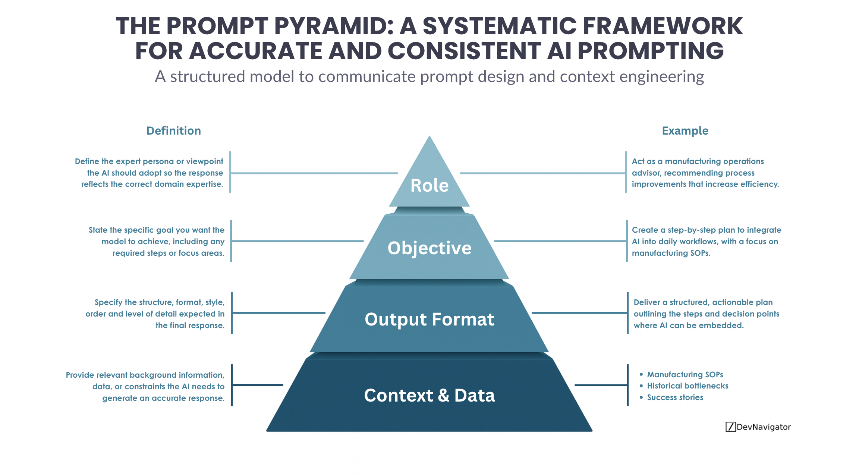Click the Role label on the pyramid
point(429,185)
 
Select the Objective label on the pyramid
point(429,248)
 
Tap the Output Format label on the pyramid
point(429,320)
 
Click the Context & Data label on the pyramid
point(429,395)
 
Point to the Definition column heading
point(173,131)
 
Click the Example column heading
point(685,131)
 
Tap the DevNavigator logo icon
point(730,427)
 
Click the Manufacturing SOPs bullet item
point(685,374)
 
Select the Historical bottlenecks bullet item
point(687,386)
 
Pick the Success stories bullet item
point(675,397)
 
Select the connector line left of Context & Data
point(258,385)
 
